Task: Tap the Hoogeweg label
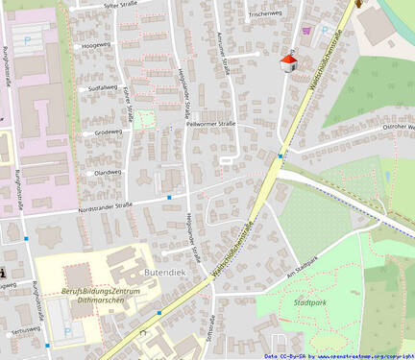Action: tap(96, 44)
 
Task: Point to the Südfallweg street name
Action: tap(102, 87)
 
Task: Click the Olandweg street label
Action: tap(107, 173)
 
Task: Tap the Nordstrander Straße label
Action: tap(106, 205)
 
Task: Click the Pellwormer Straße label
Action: tap(210, 124)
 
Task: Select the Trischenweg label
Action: tap(265, 14)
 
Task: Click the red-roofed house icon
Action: tap(287, 62)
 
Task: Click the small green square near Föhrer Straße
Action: tap(144, 119)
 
